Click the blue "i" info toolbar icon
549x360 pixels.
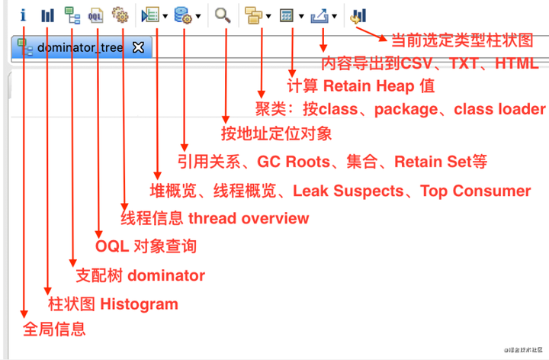click(x=24, y=14)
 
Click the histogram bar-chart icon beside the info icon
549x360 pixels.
click(x=47, y=14)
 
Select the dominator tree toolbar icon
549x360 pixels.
click(x=72, y=14)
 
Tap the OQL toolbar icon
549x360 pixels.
click(x=96, y=14)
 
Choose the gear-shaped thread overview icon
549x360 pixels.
click(x=120, y=14)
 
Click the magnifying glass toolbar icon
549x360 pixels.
click(x=223, y=14)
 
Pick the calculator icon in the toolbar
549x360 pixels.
click(x=287, y=14)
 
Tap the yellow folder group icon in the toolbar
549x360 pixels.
click(x=252, y=14)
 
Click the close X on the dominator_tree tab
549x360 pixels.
click(x=138, y=47)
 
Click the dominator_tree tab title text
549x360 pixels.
click(x=79, y=47)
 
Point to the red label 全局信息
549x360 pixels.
click(x=54, y=329)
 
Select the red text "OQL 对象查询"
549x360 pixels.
click(x=146, y=246)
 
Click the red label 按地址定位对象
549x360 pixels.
click(x=277, y=134)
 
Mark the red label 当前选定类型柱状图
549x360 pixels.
click(x=461, y=40)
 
